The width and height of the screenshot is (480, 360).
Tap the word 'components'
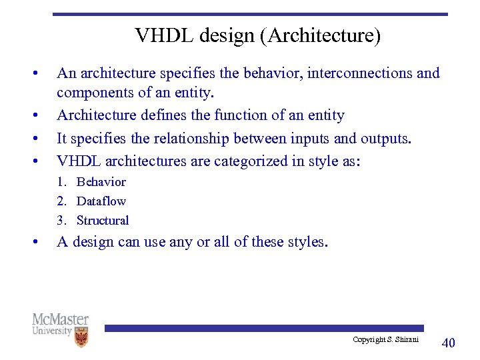click(x=93, y=92)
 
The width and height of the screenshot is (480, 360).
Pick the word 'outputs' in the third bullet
click(x=385, y=139)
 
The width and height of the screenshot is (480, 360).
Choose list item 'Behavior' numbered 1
click(x=101, y=182)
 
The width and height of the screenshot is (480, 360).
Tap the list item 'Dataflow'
click(x=101, y=201)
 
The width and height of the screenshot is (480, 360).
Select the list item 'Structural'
click(x=103, y=221)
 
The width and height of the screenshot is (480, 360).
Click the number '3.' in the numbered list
click(x=62, y=221)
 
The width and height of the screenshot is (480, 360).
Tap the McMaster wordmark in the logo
click(x=60, y=319)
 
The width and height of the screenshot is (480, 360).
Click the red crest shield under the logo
click(x=81, y=337)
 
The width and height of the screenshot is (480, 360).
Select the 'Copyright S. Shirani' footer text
click(x=385, y=340)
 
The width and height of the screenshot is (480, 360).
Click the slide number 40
click(x=449, y=343)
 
